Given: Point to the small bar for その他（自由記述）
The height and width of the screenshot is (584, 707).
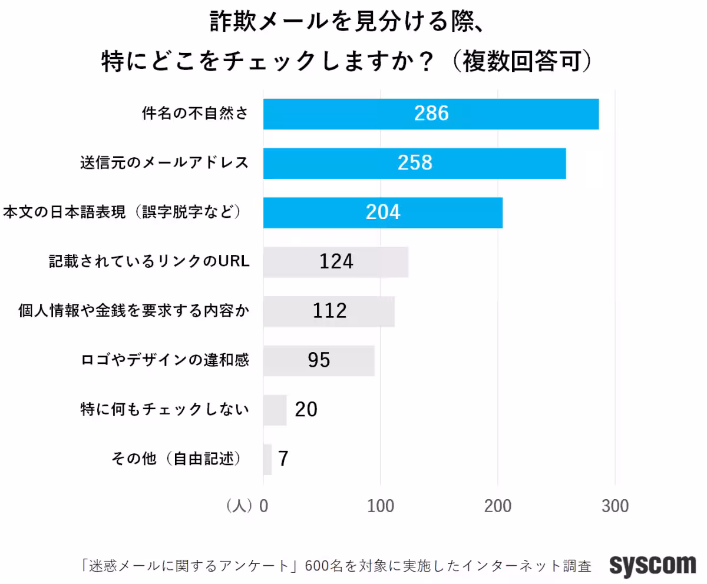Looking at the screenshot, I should [267, 459].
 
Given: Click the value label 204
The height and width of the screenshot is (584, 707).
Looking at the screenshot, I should [383, 213].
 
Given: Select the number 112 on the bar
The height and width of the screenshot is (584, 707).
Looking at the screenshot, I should [330, 311].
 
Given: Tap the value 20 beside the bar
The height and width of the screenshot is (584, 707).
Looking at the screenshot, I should [306, 410].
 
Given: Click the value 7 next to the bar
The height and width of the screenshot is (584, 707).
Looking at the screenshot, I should [283, 459].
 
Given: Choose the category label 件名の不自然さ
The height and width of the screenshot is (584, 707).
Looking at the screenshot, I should [194, 114].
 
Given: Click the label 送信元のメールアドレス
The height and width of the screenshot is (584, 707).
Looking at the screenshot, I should [164, 163].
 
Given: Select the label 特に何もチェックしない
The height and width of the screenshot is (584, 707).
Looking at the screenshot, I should [164, 410].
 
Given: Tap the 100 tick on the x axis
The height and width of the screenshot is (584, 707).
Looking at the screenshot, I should [381, 506].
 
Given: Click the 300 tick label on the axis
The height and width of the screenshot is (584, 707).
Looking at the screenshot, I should [615, 506].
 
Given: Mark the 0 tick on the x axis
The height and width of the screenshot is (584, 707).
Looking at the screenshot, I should [263, 506].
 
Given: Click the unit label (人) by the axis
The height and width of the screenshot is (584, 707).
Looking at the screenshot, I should [239, 506].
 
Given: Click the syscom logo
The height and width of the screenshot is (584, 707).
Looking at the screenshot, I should [652, 566].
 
